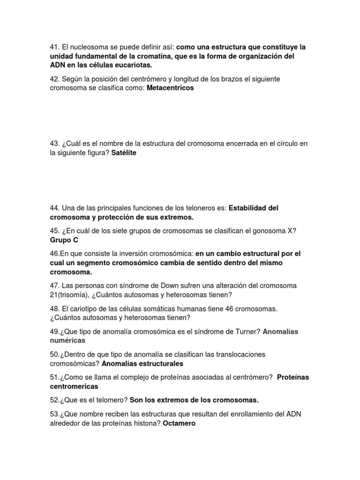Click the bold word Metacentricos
click(170, 88)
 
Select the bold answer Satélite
click(124, 153)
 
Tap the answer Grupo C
click(64, 240)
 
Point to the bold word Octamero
click(179, 423)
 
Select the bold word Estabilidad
click(249, 208)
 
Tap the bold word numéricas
click(67, 340)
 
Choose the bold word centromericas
click(74, 386)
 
